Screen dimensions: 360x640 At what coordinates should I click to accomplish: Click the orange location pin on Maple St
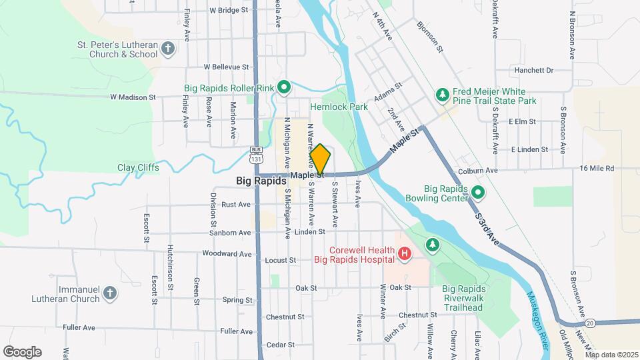pyautogui.click(x=320, y=160)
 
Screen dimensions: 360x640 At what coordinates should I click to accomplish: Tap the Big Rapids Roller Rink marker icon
pyautogui.click(x=283, y=86)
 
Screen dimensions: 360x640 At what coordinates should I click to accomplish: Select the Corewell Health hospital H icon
pyautogui.click(x=403, y=253)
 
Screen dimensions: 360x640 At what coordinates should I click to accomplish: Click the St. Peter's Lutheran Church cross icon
pyautogui.click(x=167, y=48)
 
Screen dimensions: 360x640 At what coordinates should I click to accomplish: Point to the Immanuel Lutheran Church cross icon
pyautogui.click(x=111, y=293)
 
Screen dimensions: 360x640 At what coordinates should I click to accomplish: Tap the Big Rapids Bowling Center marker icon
pyautogui.click(x=477, y=193)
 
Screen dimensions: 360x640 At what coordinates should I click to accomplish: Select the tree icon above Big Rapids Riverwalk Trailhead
pyautogui.click(x=433, y=245)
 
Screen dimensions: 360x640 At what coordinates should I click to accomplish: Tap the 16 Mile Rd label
pyautogui.click(x=597, y=169)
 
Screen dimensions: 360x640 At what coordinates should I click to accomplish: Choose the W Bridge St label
pyautogui.click(x=228, y=10)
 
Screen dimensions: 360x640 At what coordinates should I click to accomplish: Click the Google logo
pyautogui.click(x=22, y=352)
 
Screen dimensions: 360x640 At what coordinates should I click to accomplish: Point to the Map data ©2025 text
pyautogui.click(x=611, y=355)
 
